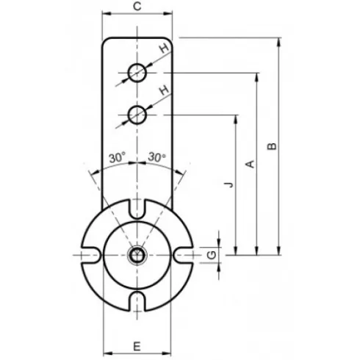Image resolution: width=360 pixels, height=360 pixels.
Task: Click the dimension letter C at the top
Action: (137, 7)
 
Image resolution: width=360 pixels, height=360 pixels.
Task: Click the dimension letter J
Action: (228, 184)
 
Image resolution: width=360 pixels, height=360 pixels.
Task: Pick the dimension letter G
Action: (211, 254)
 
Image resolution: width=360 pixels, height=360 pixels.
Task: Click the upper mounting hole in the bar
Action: (137, 73)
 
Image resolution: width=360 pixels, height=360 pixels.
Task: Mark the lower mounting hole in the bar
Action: (137, 114)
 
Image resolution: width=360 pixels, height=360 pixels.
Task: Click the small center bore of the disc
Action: (137, 255)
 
